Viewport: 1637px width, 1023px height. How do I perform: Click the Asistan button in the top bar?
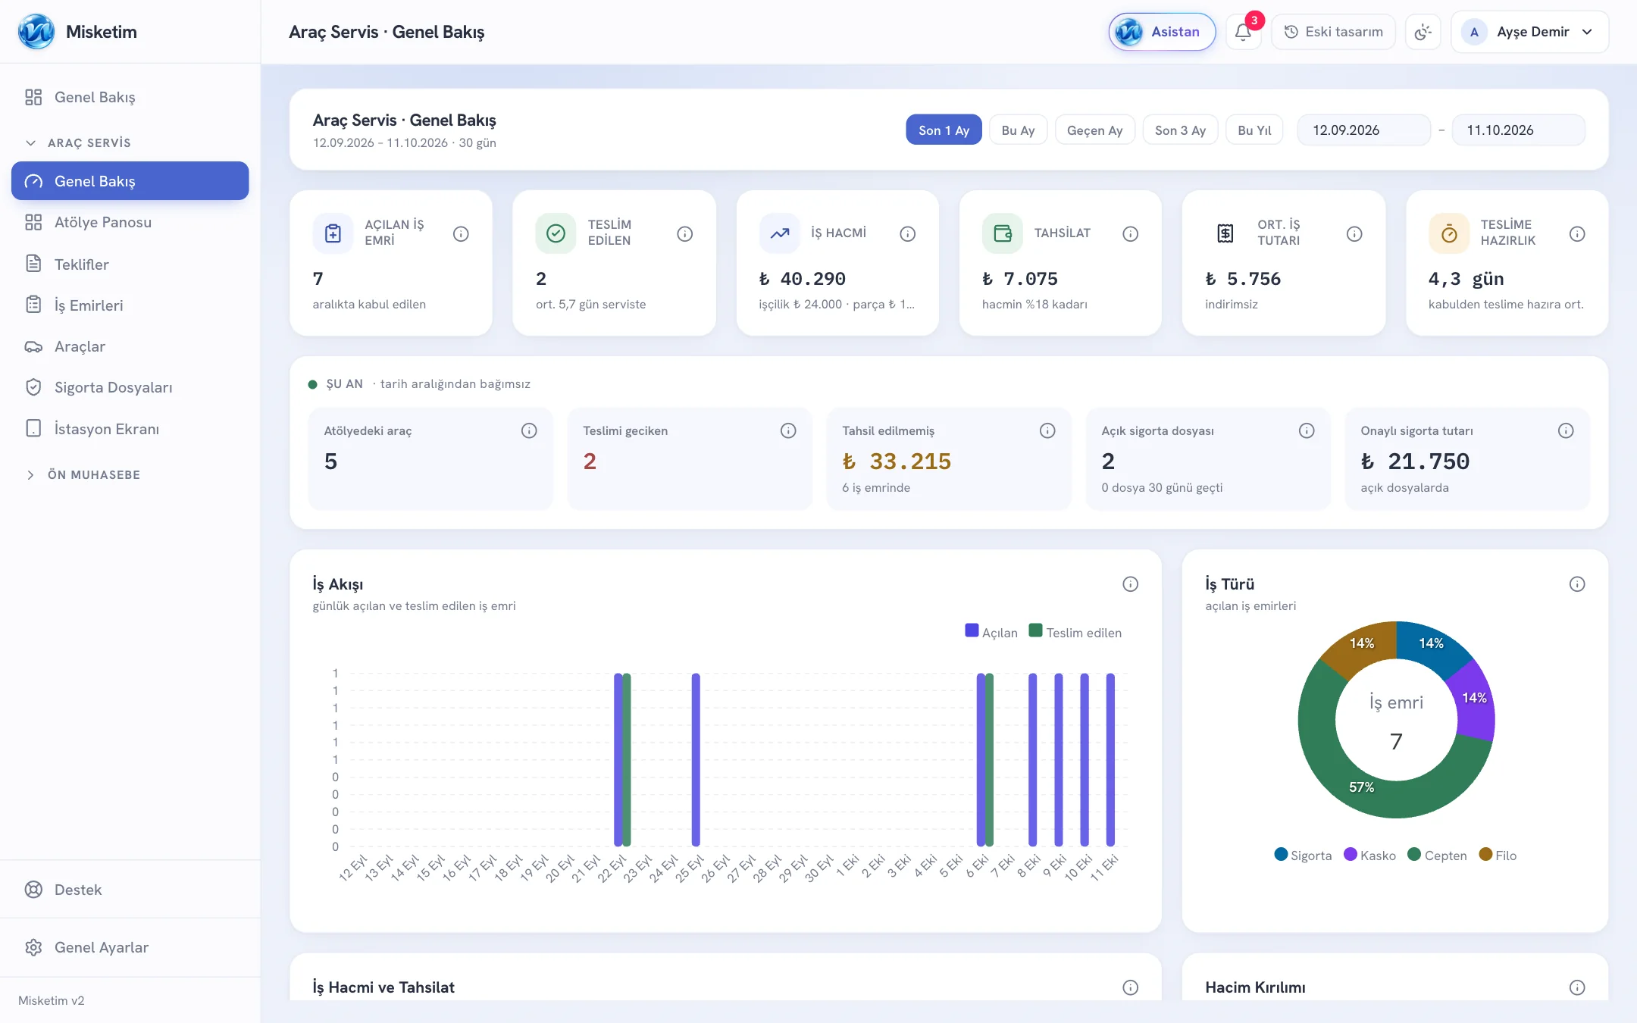1162,32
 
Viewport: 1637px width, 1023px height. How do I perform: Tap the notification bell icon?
1243,32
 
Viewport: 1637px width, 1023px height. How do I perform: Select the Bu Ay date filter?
1018,130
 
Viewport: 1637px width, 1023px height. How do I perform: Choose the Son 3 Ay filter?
1180,130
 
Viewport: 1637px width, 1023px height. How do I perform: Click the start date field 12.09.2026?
1363,130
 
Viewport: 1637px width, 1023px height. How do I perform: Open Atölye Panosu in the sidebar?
103,222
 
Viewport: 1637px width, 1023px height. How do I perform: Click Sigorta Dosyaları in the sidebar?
113,387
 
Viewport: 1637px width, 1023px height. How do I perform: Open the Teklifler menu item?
82,264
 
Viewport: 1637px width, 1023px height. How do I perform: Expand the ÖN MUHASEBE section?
94,474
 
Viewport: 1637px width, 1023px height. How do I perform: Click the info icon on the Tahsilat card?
1130,233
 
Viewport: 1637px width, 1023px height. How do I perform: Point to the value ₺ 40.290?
803,278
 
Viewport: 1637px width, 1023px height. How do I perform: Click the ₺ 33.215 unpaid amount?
897,461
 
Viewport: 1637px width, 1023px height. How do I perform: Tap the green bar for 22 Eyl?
627,759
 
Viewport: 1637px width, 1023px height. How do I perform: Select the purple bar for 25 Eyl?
696,759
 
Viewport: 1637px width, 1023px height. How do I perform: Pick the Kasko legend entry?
1370,855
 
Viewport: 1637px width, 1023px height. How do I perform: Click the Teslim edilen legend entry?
1075,632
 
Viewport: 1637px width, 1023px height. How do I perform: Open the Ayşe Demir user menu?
1530,32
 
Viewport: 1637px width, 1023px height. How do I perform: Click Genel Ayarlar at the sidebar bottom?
102,947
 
